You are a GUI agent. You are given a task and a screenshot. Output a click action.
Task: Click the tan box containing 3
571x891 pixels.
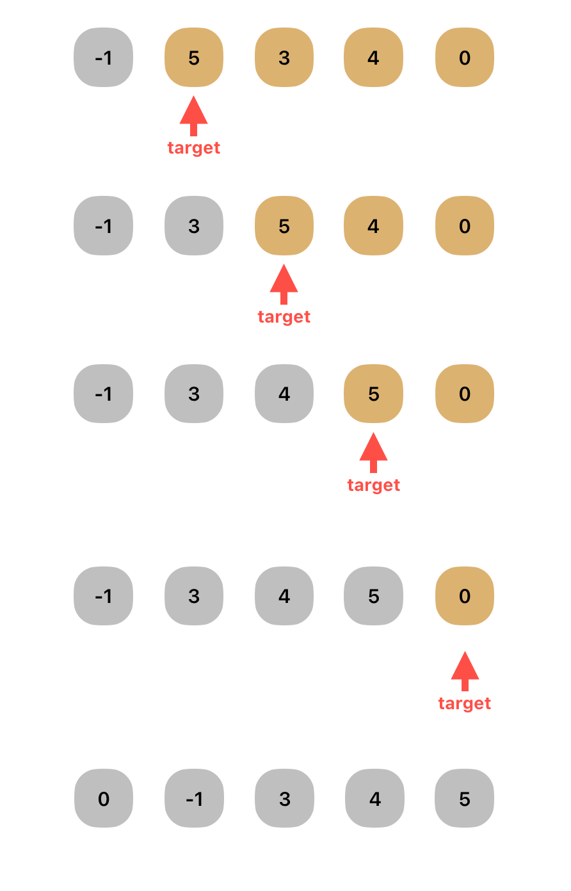pyautogui.click(x=284, y=58)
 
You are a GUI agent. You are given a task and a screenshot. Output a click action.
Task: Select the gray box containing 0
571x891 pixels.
pyautogui.click(x=104, y=798)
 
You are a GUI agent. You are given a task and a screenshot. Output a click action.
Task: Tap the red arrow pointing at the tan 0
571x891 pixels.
pyautogui.click(x=465, y=670)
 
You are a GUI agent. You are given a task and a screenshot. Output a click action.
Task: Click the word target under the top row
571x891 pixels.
pyautogui.click(x=194, y=148)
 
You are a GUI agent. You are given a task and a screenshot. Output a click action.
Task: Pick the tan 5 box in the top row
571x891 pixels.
pyautogui.click(x=194, y=58)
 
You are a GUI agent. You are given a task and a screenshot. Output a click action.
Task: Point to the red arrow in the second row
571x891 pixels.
pyautogui.click(x=284, y=283)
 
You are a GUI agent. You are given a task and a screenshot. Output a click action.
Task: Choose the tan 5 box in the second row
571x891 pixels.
pyautogui.click(x=284, y=226)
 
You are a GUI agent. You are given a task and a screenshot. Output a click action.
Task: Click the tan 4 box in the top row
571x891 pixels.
pyautogui.click(x=374, y=58)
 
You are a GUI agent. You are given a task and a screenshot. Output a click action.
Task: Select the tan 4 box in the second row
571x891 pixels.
pyautogui.click(x=374, y=226)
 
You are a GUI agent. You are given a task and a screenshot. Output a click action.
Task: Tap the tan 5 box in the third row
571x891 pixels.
pyautogui.click(x=374, y=394)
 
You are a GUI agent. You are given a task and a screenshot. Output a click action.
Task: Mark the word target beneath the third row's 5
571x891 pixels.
pyautogui.click(x=374, y=485)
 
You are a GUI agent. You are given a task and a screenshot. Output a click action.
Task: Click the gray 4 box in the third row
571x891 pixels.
pyautogui.click(x=284, y=394)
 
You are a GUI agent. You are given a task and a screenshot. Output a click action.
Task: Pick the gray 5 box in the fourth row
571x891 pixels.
pyautogui.click(x=374, y=596)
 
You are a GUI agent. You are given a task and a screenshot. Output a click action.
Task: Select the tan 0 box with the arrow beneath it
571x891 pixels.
pyautogui.click(x=465, y=596)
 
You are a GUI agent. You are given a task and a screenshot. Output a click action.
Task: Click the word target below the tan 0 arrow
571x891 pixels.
pyautogui.click(x=465, y=703)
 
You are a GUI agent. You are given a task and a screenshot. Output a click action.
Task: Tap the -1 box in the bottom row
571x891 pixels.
pyautogui.click(x=194, y=798)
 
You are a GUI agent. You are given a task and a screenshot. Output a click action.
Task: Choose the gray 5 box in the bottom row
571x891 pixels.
pyautogui.click(x=465, y=798)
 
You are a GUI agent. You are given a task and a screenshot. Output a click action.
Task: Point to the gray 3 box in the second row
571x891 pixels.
pyautogui.click(x=194, y=226)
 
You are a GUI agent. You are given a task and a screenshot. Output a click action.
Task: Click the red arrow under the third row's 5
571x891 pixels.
pyautogui.click(x=374, y=451)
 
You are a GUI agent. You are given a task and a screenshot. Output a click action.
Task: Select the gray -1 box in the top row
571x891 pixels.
pyautogui.click(x=104, y=58)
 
